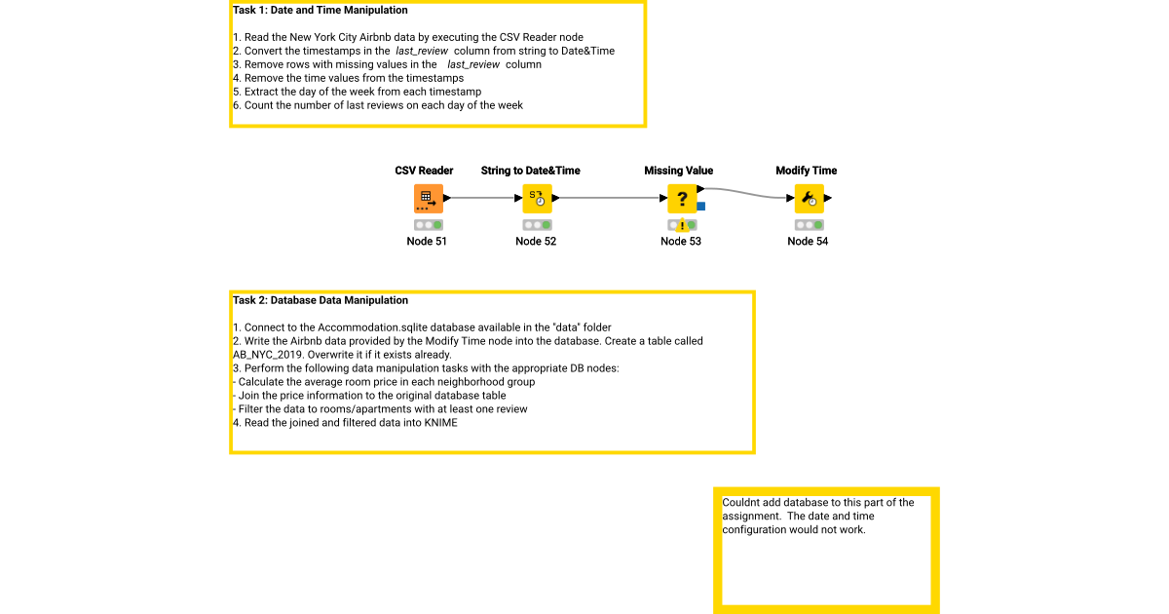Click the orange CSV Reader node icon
(428, 199)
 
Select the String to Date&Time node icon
(537, 199)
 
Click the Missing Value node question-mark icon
(681, 199)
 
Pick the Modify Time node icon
(809, 199)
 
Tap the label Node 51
(427, 242)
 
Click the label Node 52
(536, 242)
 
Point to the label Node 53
(681, 242)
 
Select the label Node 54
(808, 242)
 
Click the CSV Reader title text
(424, 171)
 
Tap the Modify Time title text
(806, 171)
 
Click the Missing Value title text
(678, 171)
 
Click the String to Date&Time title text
(530, 171)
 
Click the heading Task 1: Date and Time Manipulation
(321, 11)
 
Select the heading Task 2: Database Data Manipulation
(321, 300)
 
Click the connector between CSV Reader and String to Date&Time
(484, 199)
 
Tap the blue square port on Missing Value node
(701, 207)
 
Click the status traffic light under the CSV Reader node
(428, 225)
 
